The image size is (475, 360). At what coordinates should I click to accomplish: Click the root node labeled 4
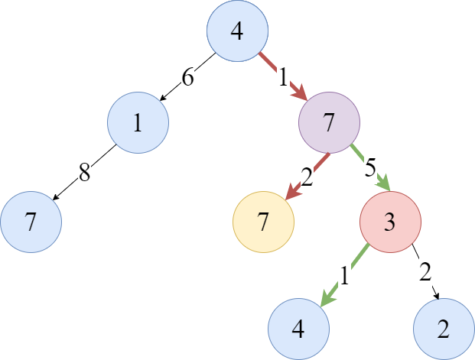237,31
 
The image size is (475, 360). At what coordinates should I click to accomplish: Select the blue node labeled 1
138,123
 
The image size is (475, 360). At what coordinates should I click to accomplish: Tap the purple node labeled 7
329,123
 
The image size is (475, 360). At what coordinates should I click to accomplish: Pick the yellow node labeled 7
263,222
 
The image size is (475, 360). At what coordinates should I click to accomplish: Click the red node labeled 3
389,222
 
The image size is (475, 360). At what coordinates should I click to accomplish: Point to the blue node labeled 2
444,329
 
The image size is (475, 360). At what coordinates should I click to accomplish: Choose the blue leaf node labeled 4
298,329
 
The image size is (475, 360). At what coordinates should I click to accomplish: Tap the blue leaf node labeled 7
31,222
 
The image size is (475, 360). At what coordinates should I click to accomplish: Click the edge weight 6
187,76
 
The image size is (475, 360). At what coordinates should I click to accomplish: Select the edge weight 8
84,174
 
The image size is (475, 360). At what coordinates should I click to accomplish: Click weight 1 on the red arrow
283,76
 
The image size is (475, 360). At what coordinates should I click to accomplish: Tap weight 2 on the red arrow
307,177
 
